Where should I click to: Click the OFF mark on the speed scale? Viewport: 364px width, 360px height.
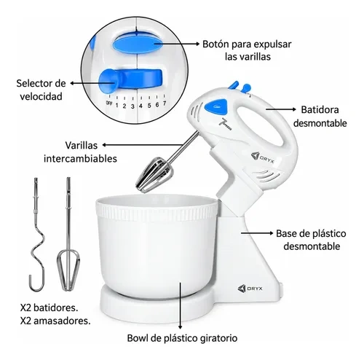109,103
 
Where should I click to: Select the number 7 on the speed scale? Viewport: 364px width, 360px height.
165,103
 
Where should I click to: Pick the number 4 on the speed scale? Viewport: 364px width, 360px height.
141,106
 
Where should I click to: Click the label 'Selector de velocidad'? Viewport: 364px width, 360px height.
41,90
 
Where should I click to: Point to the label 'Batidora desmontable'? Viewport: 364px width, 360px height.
320,117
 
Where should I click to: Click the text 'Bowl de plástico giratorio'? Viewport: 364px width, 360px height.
182,338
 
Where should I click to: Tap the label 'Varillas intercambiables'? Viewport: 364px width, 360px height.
80,152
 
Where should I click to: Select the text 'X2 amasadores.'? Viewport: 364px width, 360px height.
55,321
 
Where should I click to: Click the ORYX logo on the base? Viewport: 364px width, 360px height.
250,289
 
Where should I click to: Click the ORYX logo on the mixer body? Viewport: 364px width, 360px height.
263,157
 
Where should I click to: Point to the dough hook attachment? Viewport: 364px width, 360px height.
37,235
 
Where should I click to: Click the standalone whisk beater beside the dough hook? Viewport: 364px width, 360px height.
68,235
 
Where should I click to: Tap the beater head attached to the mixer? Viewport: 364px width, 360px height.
154,174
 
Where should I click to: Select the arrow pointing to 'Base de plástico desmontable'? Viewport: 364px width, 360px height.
257,233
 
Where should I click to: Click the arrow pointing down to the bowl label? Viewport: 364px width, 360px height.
181,306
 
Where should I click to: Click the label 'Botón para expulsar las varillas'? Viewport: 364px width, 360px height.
247,50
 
